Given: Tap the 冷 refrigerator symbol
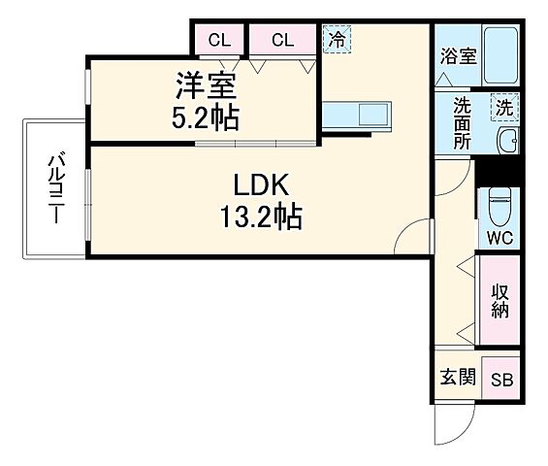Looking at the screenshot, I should (x=337, y=40).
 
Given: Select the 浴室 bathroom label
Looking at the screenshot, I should (x=457, y=55).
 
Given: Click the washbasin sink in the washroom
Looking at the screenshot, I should (x=506, y=142).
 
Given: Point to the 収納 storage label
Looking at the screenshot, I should (x=500, y=300).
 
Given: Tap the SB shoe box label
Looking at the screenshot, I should (x=502, y=381).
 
